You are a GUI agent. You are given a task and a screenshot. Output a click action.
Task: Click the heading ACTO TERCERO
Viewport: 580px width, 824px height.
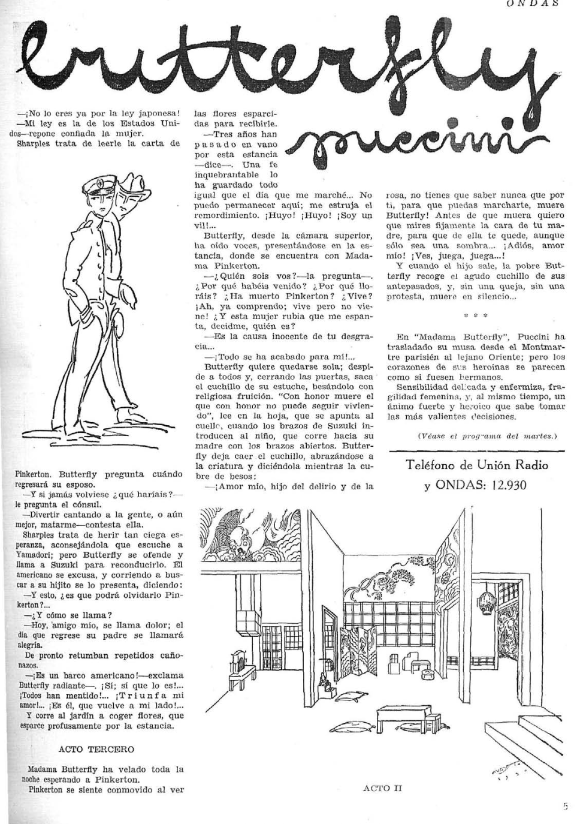96,749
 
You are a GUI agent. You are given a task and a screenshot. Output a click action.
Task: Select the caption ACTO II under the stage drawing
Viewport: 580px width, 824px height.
382,788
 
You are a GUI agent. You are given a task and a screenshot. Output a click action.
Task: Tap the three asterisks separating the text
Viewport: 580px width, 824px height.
476,314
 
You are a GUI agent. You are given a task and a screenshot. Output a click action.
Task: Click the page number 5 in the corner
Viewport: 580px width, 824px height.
565,807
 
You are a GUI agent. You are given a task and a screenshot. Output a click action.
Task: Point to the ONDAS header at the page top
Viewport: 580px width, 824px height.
532,4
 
